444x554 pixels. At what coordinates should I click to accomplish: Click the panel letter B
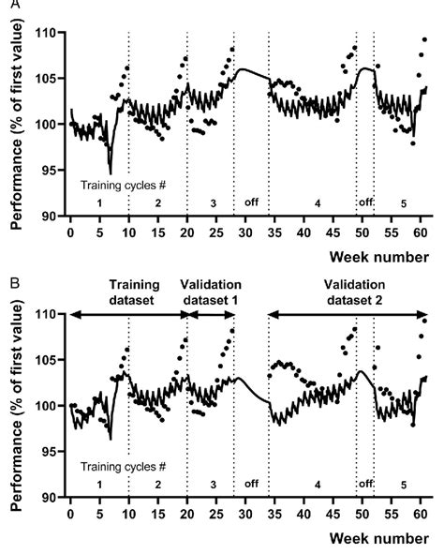coord(7,280)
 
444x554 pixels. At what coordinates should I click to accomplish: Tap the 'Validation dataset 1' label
coord(212,292)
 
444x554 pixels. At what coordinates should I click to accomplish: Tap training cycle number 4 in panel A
coord(318,202)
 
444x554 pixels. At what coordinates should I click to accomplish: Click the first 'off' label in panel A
coord(251,202)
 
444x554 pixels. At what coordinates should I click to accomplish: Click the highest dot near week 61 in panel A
coord(424,40)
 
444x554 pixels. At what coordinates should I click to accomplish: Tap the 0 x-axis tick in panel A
coord(70,232)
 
